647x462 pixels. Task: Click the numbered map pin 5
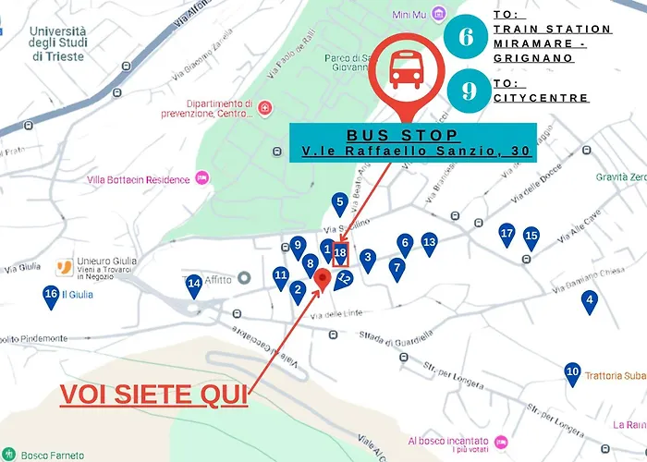click(340, 203)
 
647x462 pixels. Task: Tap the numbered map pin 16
click(51, 296)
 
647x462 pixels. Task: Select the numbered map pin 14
click(193, 286)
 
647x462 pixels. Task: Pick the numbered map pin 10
click(572, 372)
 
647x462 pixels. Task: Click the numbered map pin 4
click(589, 300)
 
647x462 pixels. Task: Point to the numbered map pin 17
click(507, 235)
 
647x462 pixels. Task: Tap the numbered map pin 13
click(429, 243)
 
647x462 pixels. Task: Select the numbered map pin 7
click(397, 269)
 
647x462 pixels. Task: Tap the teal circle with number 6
click(468, 37)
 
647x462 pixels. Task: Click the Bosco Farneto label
click(53, 455)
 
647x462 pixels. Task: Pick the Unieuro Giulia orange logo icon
click(64, 268)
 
